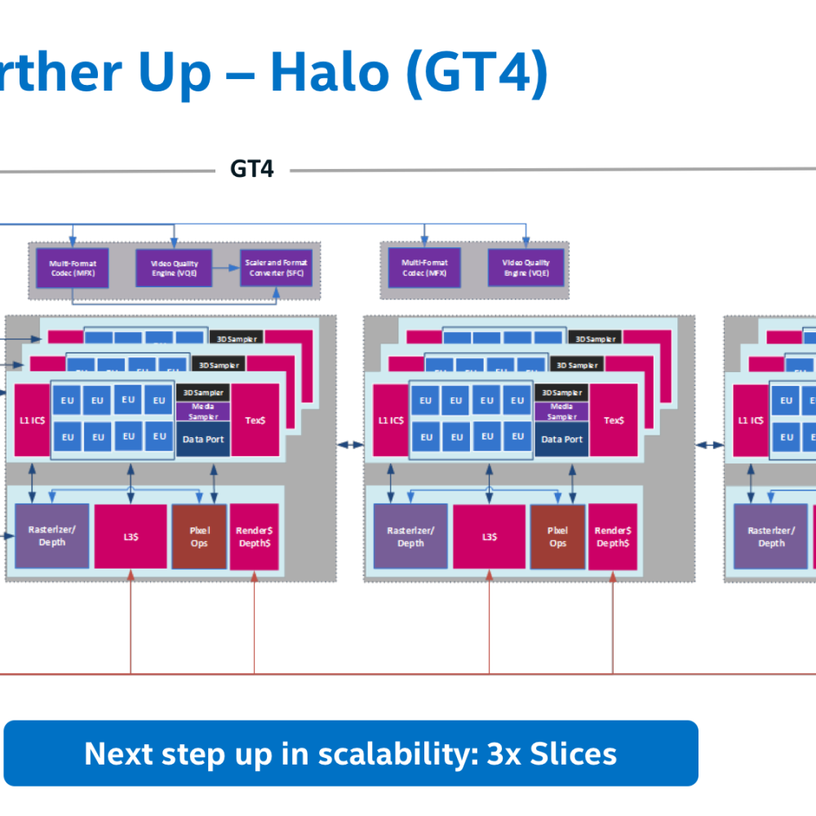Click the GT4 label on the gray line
[251, 169]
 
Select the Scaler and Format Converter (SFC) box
[274, 268]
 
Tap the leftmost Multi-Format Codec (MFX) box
[72, 268]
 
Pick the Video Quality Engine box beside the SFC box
[173, 268]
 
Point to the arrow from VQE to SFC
[226, 267]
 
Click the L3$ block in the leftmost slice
[130, 536]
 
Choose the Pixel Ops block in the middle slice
[557, 536]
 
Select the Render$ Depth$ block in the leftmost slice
[254, 536]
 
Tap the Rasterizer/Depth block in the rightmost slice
[771, 536]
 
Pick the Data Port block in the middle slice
[562, 439]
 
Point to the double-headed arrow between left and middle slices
[352, 445]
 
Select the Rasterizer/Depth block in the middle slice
[410, 536]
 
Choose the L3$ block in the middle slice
[489, 536]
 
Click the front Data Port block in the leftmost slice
[203, 439]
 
